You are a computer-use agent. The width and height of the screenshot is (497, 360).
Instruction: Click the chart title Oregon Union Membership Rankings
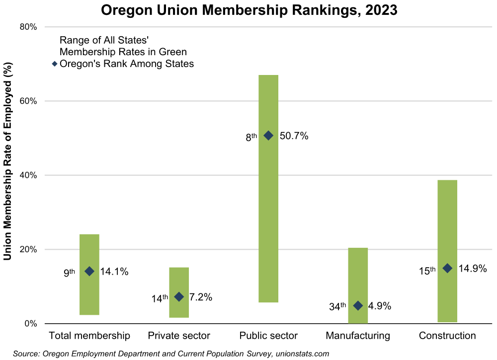pos(248,10)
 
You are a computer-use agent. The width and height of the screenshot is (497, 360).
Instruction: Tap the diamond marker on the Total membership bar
pos(89,271)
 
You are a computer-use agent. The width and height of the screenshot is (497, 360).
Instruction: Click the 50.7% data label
pos(294,136)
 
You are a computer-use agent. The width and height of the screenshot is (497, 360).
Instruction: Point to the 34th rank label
pos(337,306)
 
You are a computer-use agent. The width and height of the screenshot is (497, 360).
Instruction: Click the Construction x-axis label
pos(447,336)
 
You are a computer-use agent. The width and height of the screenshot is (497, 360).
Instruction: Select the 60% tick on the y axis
pos(28,101)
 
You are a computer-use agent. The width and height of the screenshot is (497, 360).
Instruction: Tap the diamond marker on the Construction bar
pos(447,268)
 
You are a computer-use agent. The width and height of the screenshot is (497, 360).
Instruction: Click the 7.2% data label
pos(201,297)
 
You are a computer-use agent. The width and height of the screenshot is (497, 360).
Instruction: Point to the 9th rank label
pos(69,272)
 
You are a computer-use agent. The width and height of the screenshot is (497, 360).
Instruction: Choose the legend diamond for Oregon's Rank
pos(55,64)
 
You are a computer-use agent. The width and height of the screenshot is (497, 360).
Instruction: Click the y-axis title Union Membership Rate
pos(8,161)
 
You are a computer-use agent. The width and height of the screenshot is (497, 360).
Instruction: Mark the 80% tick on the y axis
pos(28,27)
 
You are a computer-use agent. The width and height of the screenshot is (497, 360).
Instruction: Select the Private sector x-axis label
pos(179,336)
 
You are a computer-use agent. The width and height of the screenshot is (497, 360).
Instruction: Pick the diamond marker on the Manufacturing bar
pos(358,305)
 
